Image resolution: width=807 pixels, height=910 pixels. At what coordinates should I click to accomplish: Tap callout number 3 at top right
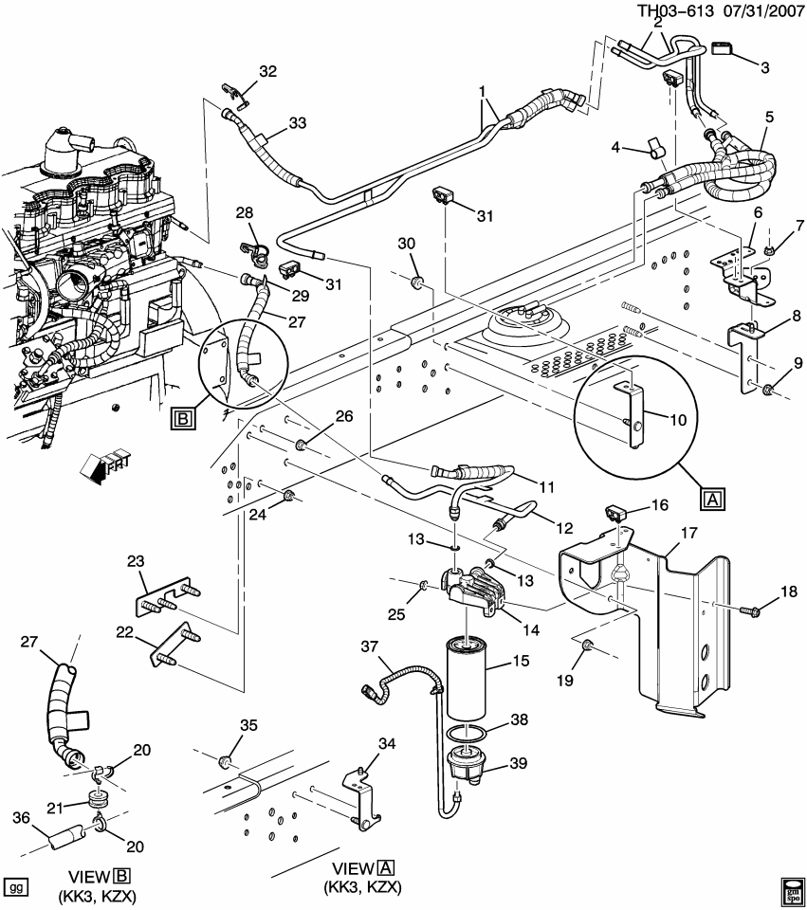[x=763, y=67]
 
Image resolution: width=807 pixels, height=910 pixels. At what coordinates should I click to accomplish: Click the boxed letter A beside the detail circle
[x=712, y=497]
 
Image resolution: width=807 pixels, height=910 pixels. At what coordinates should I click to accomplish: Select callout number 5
[x=769, y=117]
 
